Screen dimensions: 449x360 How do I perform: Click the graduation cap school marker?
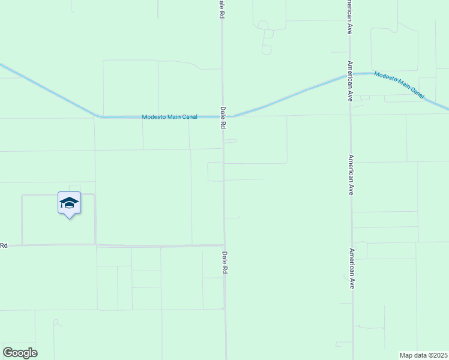coord(69,203)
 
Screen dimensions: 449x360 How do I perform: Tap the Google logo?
coord(20,353)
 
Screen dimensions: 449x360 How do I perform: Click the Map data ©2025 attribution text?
coord(423,355)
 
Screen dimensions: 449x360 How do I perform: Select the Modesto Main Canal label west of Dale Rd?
coord(169,117)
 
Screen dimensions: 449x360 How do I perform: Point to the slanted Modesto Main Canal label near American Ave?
coord(399,85)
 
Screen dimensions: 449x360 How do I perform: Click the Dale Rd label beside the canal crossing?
coord(223,118)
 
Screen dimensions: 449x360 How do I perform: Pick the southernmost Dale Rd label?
coord(224,263)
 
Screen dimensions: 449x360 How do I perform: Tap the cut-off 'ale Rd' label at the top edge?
coord(221,8)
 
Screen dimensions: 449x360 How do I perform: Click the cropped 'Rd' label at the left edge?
coord(4,245)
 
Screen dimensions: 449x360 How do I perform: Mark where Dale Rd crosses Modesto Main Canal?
coord(223,116)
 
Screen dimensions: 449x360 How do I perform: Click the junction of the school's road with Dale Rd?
coord(224,245)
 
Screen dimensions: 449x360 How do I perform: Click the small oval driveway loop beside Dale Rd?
coord(231,142)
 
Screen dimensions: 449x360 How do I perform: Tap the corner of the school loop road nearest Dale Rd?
coord(95,244)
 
